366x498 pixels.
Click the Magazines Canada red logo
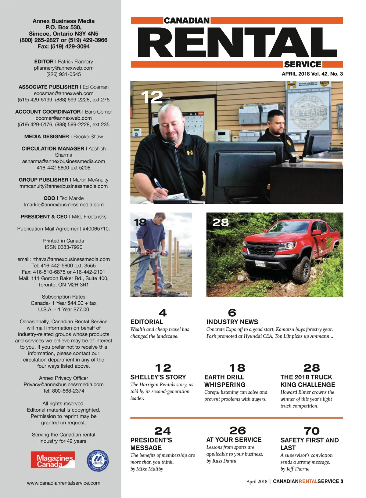[52, 460]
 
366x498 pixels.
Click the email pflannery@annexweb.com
[63, 68]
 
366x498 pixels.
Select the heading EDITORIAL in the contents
[146, 322]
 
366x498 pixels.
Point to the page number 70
[311, 431]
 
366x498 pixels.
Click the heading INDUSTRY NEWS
[232, 322]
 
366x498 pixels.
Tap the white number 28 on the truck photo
[220, 222]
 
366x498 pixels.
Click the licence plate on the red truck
[260, 263]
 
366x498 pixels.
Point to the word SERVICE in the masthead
[303, 64]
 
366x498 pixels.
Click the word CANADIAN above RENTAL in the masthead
[187, 21]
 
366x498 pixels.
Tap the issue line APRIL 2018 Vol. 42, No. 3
[312, 74]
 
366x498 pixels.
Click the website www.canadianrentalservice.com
[63, 483]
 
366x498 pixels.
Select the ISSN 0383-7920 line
[63, 247]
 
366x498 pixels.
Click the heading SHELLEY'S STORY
[158, 377]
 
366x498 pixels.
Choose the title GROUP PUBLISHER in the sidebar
[43, 180]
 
